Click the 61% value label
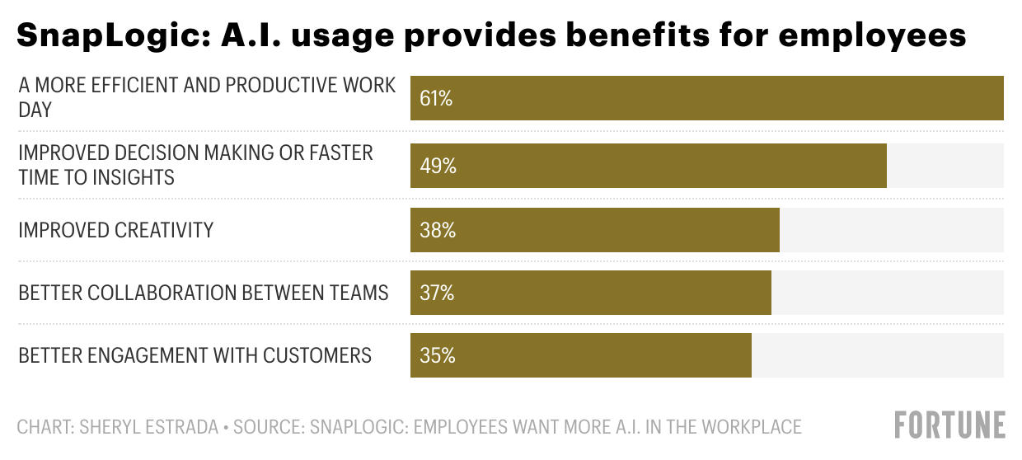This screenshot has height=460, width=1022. click(x=436, y=99)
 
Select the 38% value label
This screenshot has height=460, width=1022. click(x=437, y=230)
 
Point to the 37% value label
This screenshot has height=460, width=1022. click(x=436, y=293)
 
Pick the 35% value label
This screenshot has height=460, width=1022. click(x=437, y=355)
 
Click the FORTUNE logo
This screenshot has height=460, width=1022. click(x=949, y=425)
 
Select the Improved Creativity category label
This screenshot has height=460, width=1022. click(x=116, y=230)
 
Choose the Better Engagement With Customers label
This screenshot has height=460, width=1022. click(x=195, y=355)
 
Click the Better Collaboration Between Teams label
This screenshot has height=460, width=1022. click(x=204, y=293)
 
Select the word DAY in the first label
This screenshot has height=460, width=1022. click(x=35, y=110)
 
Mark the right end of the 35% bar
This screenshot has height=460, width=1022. click(x=750, y=355)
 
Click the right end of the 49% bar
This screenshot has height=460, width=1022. click(x=885, y=166)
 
